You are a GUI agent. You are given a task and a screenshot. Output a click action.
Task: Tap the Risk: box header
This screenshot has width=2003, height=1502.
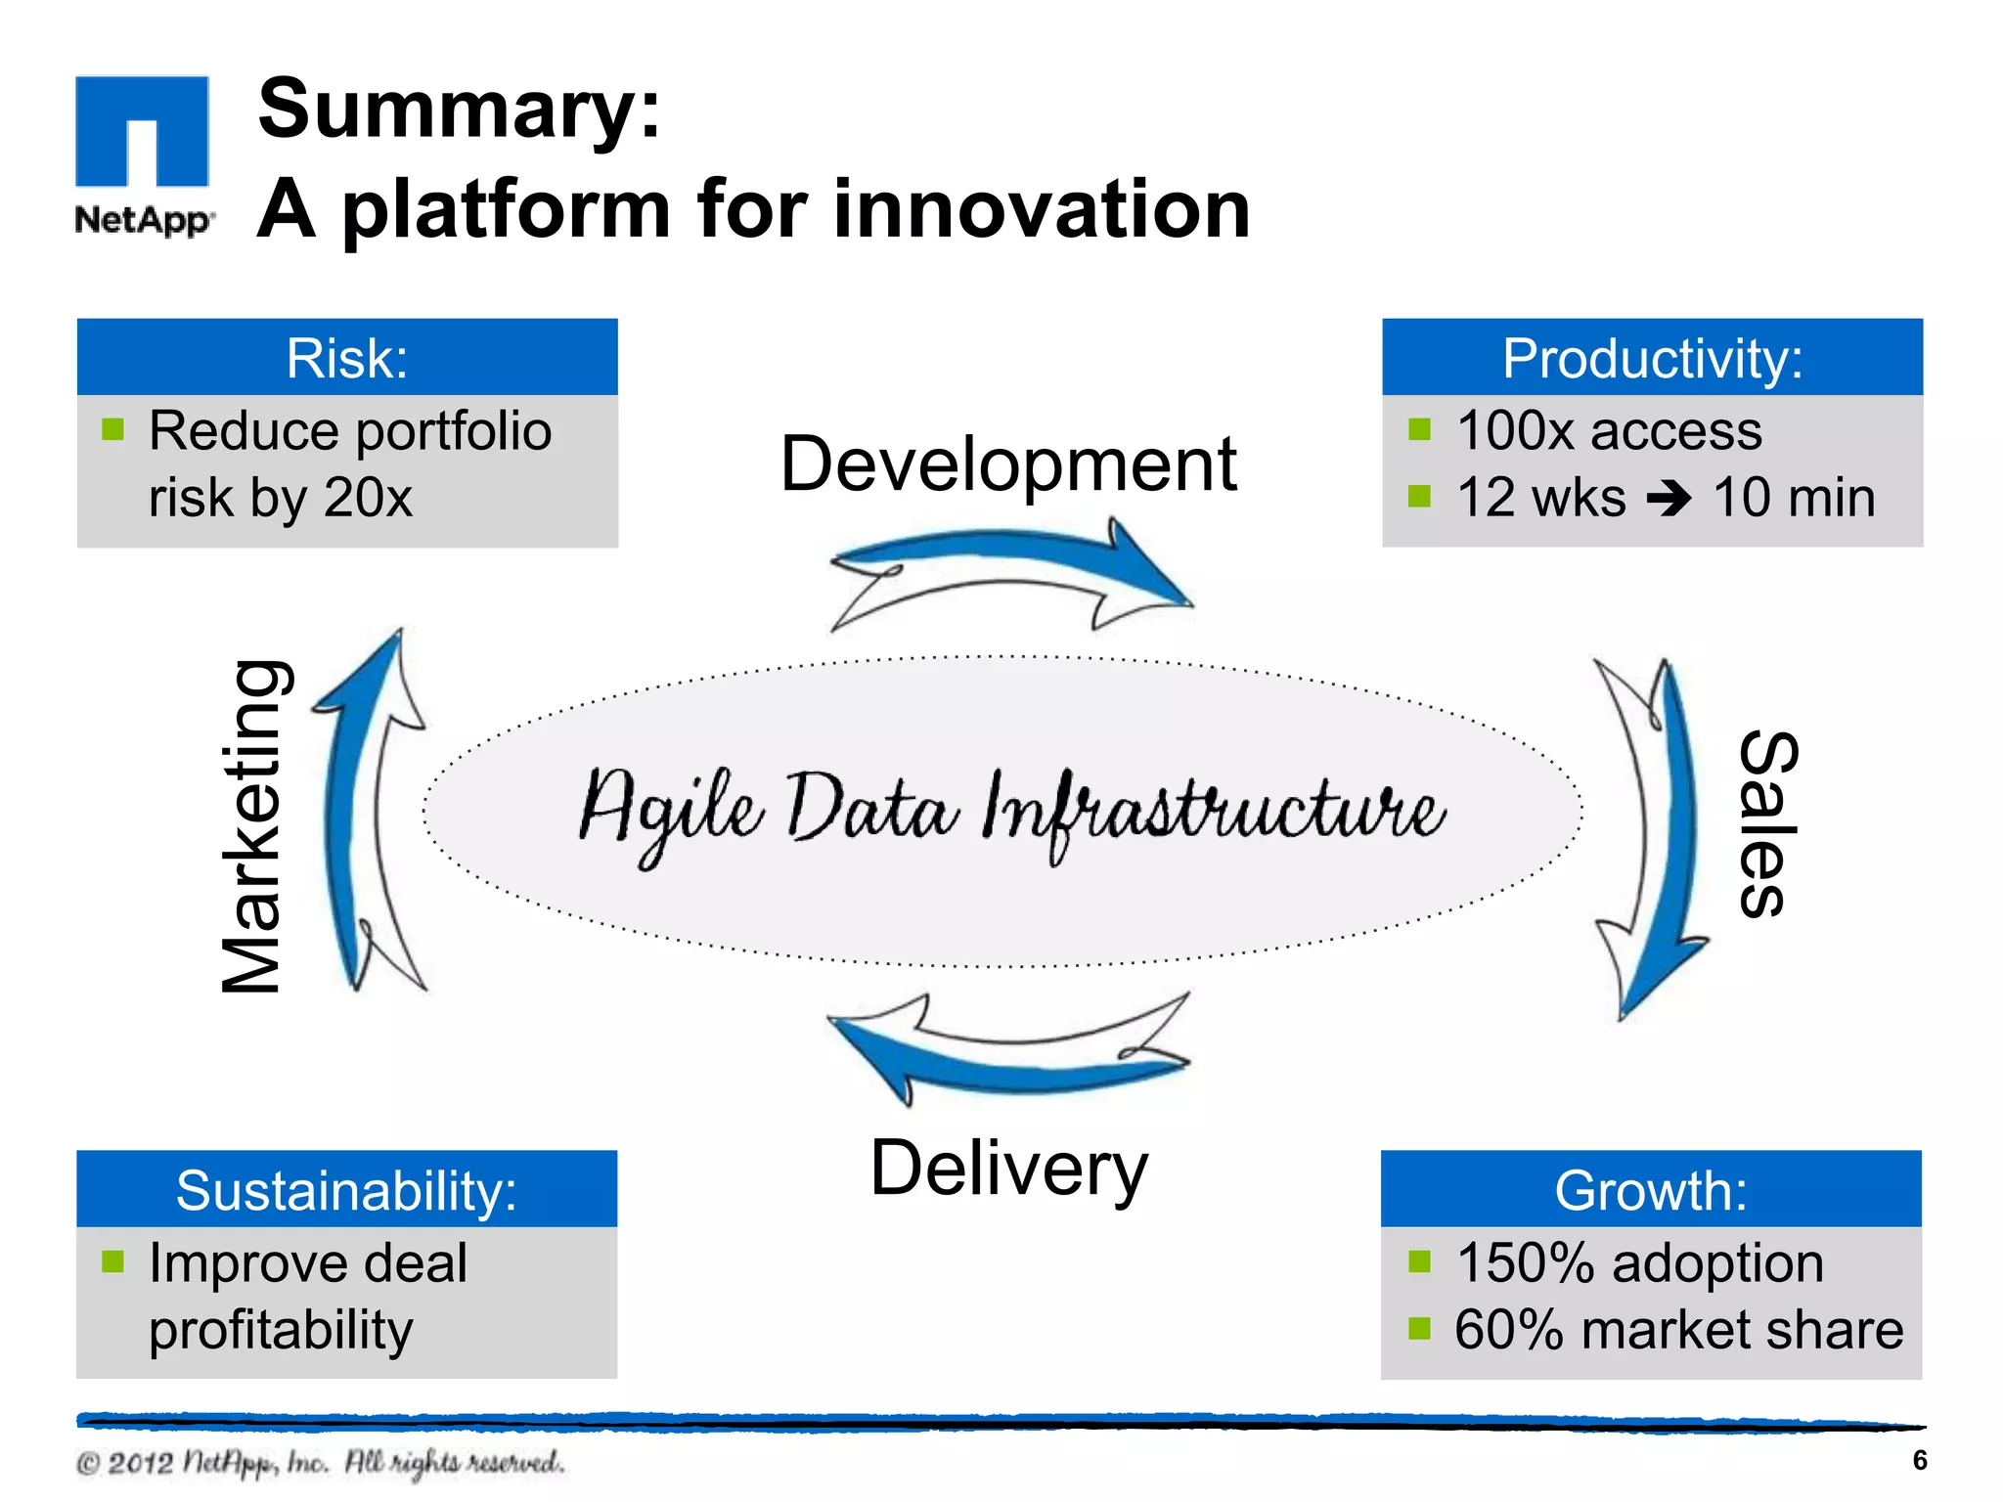(347, 358)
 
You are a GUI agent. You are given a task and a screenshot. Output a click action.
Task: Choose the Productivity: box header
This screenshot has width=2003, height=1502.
(1652, 358)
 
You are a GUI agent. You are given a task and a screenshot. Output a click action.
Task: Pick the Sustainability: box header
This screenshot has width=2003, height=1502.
(346, 1190)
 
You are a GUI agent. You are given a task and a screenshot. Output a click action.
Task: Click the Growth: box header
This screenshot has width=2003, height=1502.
(1651, 1190)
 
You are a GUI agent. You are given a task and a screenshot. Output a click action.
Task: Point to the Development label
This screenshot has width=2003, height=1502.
(1008, 464)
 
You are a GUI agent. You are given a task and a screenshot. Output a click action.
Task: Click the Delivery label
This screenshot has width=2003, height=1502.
(1008, 1169)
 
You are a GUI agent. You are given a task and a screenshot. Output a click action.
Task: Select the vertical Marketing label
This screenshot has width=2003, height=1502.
(252, 827)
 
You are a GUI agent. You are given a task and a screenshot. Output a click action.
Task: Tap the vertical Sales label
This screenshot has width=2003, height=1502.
(1768, 823)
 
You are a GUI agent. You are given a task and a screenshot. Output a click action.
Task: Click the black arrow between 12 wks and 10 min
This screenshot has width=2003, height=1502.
(1669, 499)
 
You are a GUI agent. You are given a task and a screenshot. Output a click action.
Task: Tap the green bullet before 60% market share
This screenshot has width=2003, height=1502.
(1419, 1328)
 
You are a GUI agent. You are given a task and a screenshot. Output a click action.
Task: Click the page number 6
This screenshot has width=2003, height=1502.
(1920, 1460)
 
